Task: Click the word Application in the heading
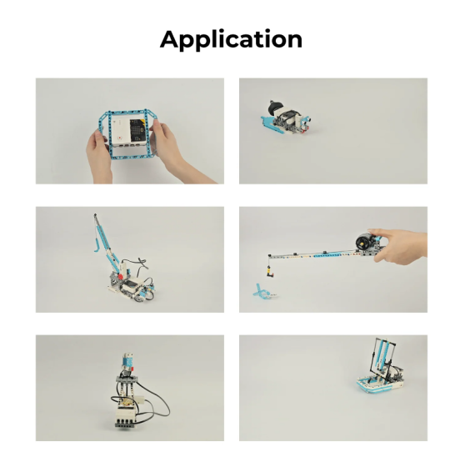[x=231, y=39]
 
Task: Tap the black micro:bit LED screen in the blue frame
[x=138, y=131]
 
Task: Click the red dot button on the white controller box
[x=119, y=138]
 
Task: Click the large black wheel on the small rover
[x=275, y=108]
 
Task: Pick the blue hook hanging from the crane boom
[x=96, y=245]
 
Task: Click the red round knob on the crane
[x=120, y=276]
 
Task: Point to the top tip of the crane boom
[x=95, y=214]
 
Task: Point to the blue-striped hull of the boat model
[x=377, y=386]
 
